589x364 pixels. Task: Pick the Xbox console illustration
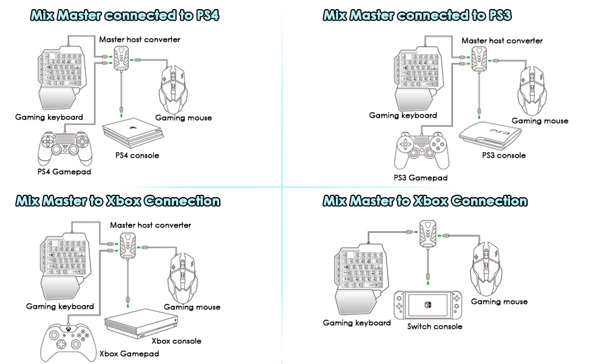(x=140, y=322)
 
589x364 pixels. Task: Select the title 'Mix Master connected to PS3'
(x=425, y=15)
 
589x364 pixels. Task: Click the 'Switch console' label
(x=435, y=326)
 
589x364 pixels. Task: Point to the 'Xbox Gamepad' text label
(x=129, y=354)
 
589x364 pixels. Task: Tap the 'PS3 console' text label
(x=503, y=155)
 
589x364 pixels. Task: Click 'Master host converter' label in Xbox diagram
(x=150, y=225)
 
